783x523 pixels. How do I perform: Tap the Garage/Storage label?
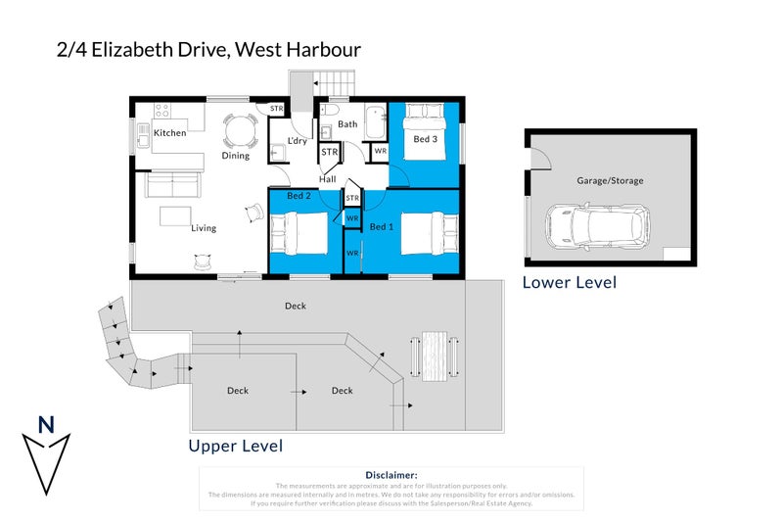pyautogui.click(x=609, y=181)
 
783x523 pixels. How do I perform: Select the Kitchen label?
pyautogui.click(x=169, y=133)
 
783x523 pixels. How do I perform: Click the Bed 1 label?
pyautogui.click(x=382, y=226)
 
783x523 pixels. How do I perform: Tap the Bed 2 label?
pyautogui.click(x=299, y=196)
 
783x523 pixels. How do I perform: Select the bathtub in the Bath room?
pyautogui.click(x=377, y=124)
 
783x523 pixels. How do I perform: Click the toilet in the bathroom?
pyautogui.click(x=331, y=110)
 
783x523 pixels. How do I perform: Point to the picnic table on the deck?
pyautogui.click(x=435, y=354)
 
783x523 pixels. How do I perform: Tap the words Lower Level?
pyautogui.click(x=569, y=283)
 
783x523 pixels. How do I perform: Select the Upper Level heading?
pyautogui.click(x=235, y=447)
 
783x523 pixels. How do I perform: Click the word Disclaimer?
pyautogui.click(x=391, y=474)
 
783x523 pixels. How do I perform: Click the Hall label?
pyautogui.click(x=327, y=179)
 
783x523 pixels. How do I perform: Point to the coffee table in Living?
pyautogui.click(x=176, y=214)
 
